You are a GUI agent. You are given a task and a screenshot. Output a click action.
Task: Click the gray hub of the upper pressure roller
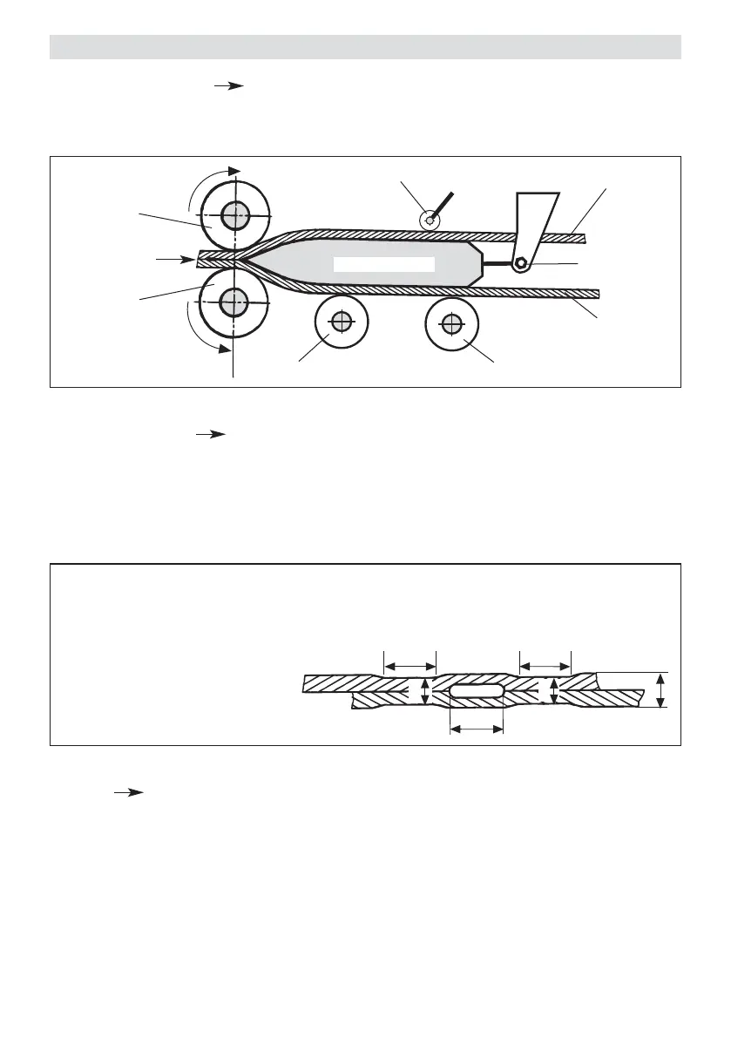coord(233,214)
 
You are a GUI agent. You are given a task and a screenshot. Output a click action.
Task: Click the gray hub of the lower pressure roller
coord(233,302)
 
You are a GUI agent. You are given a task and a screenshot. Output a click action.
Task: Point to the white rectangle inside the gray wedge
coord(383,264)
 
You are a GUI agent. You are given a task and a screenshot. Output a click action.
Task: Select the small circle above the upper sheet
coord(428,220)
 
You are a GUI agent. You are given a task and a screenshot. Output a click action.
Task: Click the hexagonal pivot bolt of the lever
coord(520,263)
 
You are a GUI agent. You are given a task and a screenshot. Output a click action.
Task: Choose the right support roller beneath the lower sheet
coord(451,325)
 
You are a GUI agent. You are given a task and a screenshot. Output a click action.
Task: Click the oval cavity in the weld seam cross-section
coord(476,690)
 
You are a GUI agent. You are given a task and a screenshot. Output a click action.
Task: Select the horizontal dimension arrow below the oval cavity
coord(476,729)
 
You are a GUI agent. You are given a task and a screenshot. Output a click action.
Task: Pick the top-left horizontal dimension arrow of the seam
coord(409,667)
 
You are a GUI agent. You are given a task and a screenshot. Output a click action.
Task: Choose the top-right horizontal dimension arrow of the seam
coord(544,667)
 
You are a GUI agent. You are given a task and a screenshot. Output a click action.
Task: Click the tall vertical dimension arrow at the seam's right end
coord(660,689)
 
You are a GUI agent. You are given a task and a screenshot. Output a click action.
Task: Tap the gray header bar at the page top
coord(364,47)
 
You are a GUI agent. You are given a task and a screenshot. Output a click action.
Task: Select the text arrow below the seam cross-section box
coord(127,792)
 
